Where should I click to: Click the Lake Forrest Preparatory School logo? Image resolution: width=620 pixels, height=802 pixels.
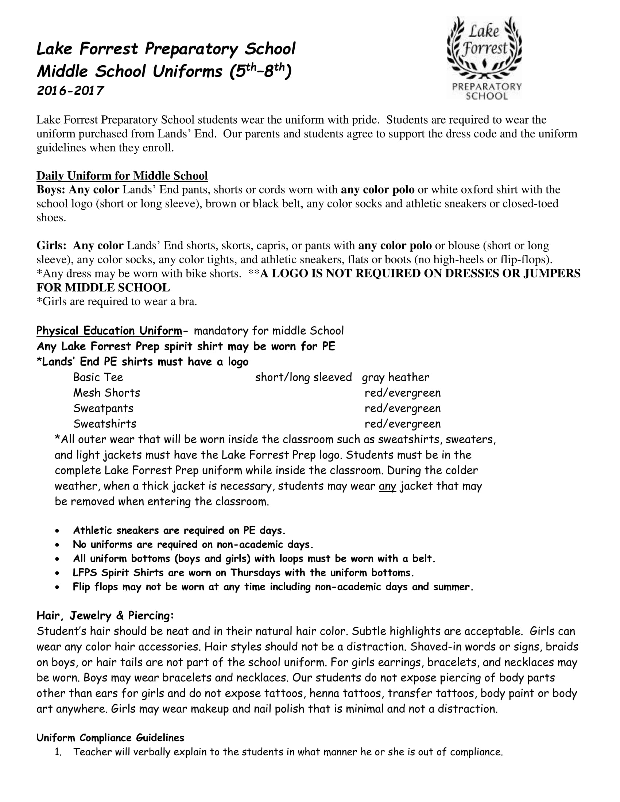(484, 58)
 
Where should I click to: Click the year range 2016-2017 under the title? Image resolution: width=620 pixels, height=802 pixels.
(70, 91)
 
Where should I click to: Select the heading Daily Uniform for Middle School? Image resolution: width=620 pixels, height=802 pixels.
(122, 176)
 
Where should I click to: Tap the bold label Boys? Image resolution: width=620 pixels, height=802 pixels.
(51, 190)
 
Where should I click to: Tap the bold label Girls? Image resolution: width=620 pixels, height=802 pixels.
(51, 246)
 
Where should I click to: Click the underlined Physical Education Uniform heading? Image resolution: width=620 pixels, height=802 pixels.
(109, 331)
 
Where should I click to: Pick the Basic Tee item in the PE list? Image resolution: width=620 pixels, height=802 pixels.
(98, 378)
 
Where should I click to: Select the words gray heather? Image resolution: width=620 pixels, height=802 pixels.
(395, 378)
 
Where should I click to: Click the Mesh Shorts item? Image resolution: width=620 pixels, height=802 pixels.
(106, 393)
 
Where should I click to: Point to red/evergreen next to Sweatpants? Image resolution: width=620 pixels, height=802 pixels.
(403, 408)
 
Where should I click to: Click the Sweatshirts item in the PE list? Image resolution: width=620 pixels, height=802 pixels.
(105, 424)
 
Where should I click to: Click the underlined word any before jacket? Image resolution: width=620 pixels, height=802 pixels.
(387, 486)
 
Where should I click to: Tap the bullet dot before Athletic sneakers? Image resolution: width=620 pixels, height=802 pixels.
(57, 531)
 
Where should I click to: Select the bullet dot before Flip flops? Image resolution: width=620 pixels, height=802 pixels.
(57, 587)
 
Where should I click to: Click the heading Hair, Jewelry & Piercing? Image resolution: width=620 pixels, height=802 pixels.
(105, 616)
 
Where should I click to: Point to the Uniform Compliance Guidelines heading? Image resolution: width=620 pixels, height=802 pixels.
(110, 738)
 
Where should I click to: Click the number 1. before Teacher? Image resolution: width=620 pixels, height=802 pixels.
(58, 752)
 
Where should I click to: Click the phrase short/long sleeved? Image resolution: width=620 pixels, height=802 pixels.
(303, 378)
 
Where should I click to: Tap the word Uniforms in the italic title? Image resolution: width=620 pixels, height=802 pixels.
(187, 71)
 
